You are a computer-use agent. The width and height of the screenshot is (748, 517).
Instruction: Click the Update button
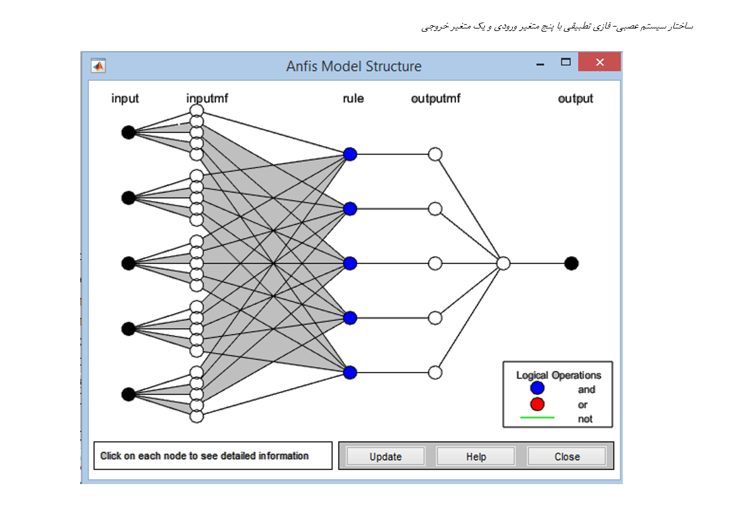click(x=386, y=456)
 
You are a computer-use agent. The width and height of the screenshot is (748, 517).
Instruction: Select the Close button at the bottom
click(x=567, y=456)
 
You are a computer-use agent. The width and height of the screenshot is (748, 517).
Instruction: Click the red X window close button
click(x=599, y=62)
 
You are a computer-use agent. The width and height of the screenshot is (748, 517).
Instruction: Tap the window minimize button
click(x=540, y=64)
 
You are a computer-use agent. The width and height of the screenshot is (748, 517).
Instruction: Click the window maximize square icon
click(x=566, y=61)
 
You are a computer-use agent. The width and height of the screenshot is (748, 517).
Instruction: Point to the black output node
click(x=572, y=263)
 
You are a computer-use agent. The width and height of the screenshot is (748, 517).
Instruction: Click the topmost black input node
click(x=128, y=132)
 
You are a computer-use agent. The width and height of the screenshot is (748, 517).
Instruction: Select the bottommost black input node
click(x=128, y=394)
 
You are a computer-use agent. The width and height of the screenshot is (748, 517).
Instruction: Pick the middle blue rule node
click(x=350, y=263)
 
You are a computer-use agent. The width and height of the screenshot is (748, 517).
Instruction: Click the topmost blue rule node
click(x=350, y=154)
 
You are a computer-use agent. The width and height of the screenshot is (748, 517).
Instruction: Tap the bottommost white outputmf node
click(x=435, y=372)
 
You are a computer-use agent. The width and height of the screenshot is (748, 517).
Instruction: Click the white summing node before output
click(x=503, y=263)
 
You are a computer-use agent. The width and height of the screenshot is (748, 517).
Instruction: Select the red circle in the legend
click(x=537, y=404)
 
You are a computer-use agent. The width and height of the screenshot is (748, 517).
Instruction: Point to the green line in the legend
click(x=537, y=418)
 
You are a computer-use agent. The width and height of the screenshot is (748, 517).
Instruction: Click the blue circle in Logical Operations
click(x=537, y=388)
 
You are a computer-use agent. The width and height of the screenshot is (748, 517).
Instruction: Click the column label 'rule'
click(x=353, y=98)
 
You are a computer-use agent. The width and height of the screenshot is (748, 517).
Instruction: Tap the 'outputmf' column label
click(x=436, y=98)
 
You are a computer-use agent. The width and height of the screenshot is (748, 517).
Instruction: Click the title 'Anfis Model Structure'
click(x=353, y=66)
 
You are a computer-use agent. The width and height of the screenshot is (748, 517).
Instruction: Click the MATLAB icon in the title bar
click(x=98, y=65)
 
